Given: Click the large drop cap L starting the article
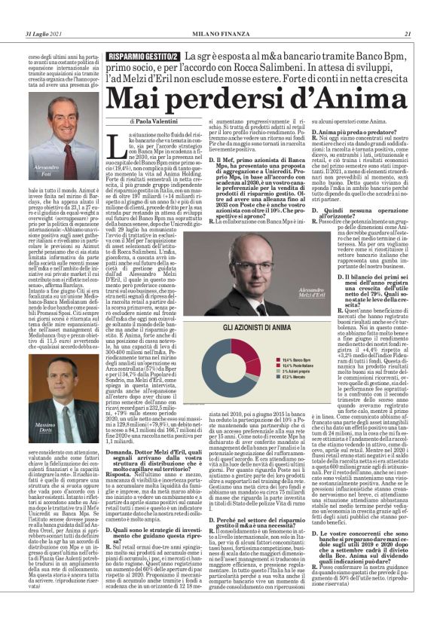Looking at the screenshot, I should coord(136,140).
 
